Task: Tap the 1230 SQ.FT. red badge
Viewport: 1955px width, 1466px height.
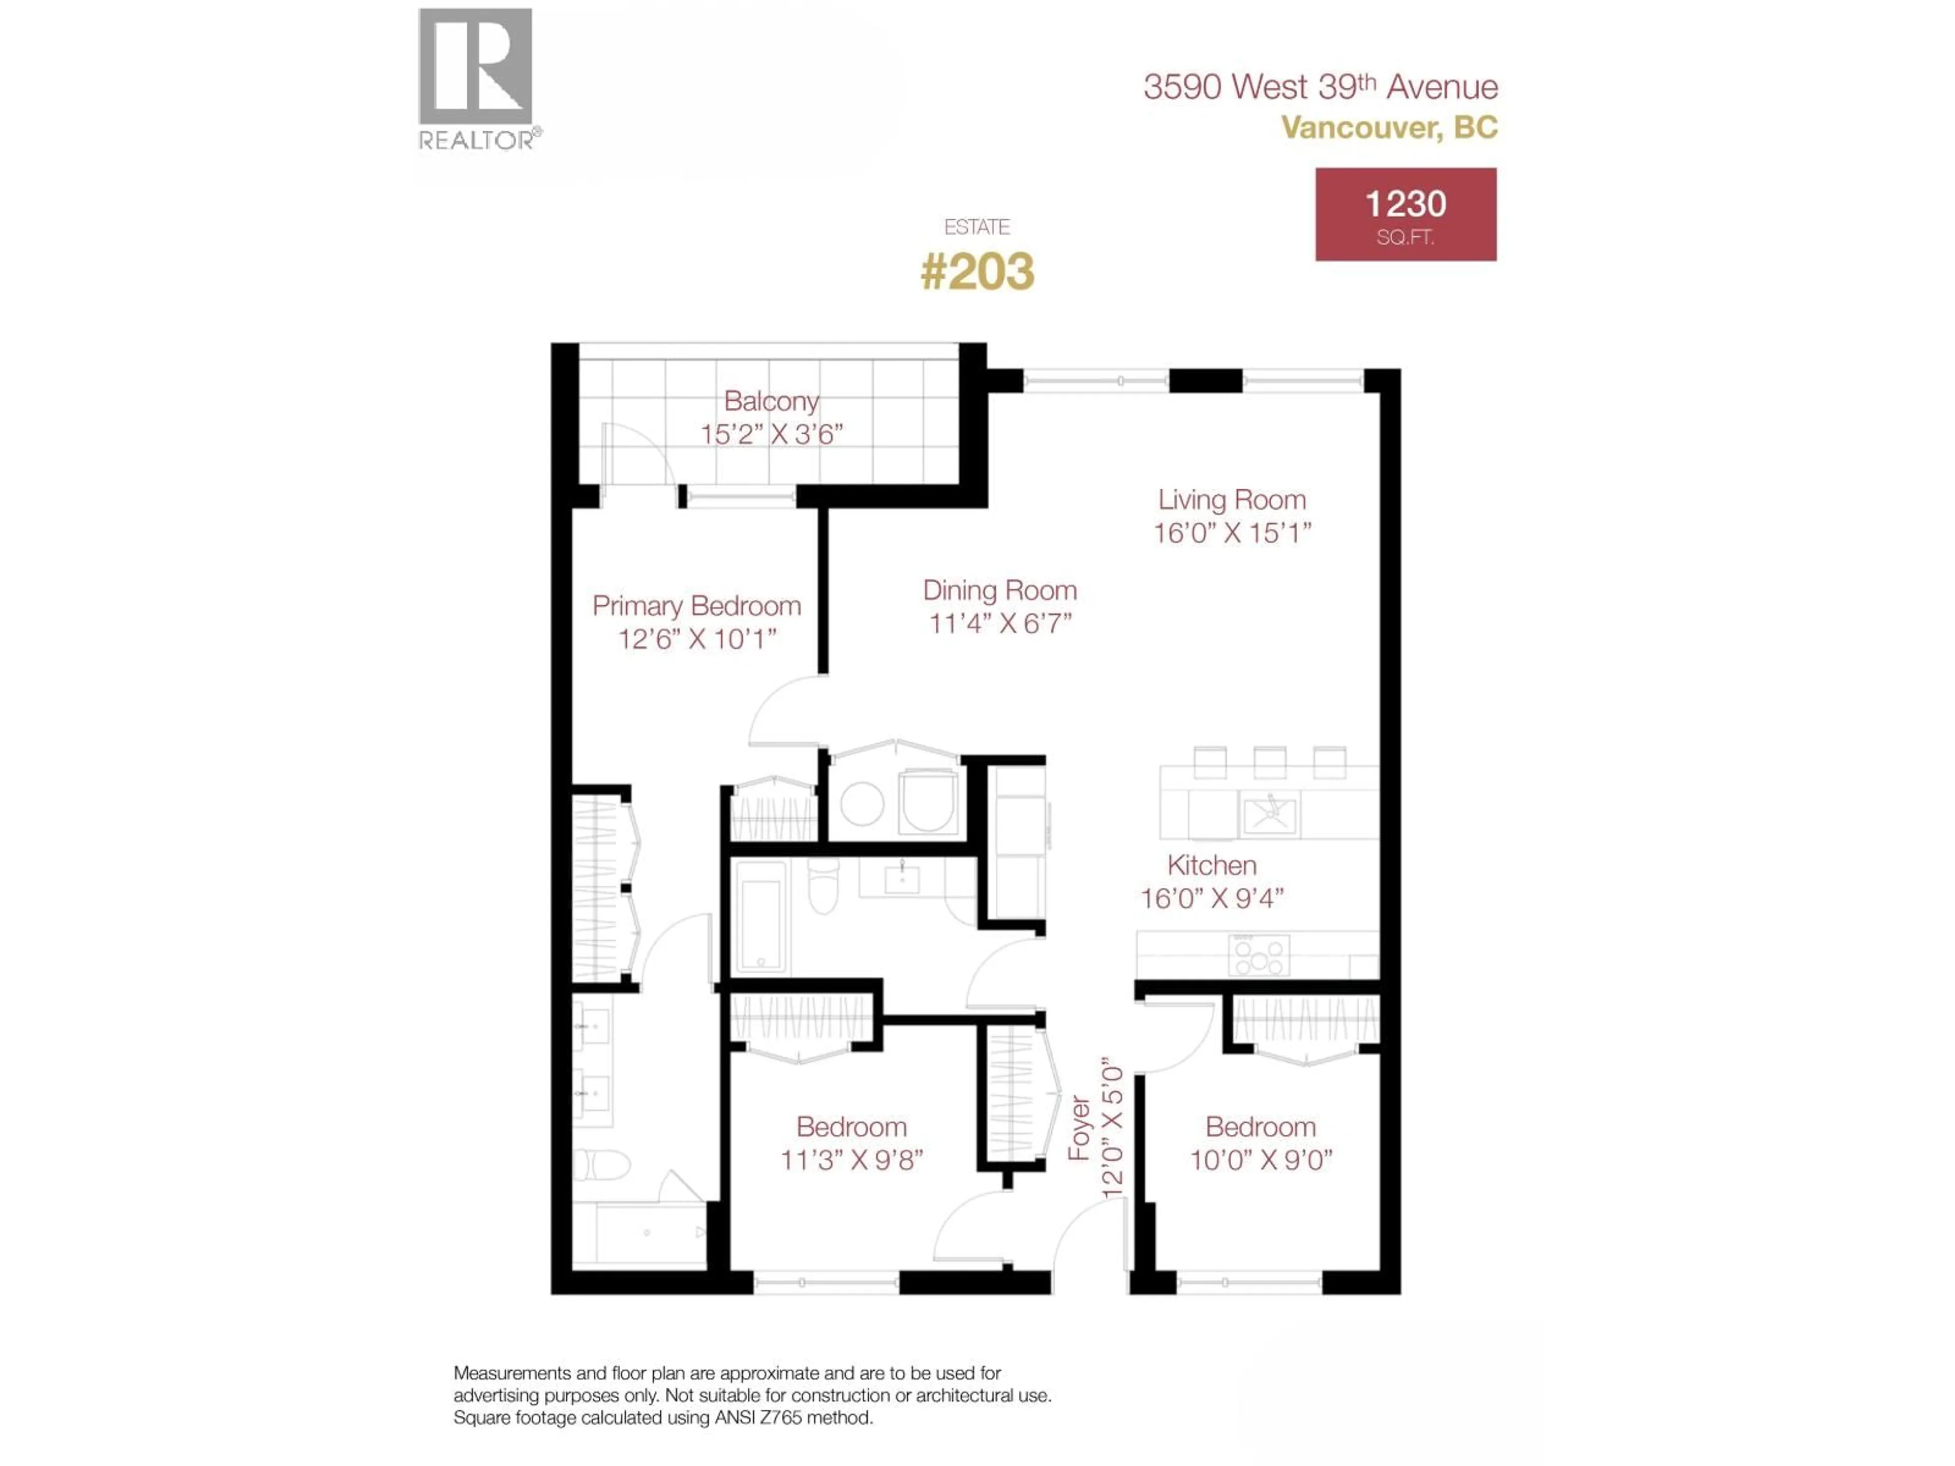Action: coord(1405,215)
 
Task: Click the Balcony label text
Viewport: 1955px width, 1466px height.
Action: coord(771,401)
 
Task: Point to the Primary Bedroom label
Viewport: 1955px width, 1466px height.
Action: coord(696,606)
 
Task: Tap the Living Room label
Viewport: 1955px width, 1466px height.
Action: coord(1231,500)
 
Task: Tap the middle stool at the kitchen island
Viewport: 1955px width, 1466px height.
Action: coord(1269,762)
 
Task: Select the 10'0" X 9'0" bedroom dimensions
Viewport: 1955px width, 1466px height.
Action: coord(1261,1160)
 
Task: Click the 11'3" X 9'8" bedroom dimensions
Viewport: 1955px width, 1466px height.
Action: coord(851,1160)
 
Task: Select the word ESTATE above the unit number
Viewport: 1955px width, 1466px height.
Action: coord(976,227)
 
